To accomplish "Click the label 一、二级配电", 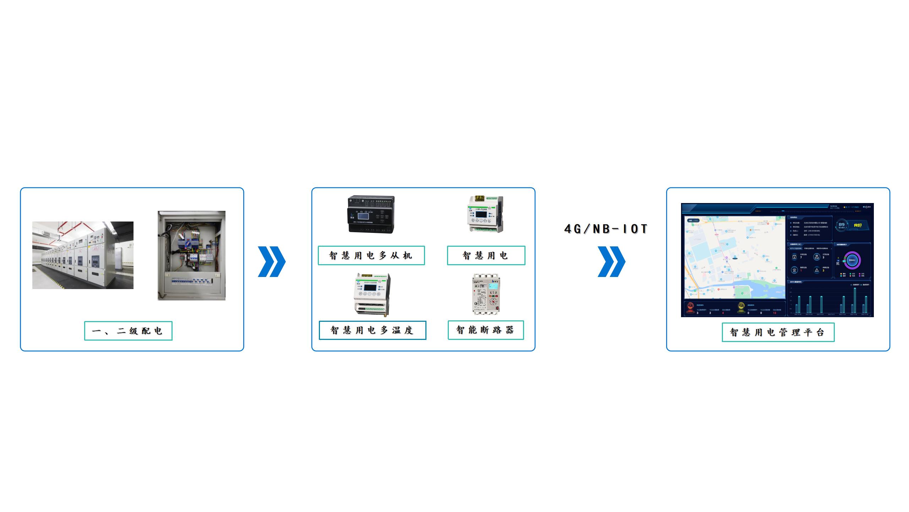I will tap(128, 331).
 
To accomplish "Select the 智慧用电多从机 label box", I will tap(371, 256).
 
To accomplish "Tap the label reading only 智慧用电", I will tap(486, 256).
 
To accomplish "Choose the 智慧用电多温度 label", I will tap(372, 330).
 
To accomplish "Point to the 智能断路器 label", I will tap(485, 330).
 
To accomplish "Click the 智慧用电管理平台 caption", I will tap(778, 332).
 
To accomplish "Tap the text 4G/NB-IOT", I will tap(606, 229).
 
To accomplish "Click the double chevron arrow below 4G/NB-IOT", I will tap(611, 262).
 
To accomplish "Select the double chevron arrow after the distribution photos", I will tap(271, 262).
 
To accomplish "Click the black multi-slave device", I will tap(371, 214).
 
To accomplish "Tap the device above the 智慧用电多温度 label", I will tap(372, 294).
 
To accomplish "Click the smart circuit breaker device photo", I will tap(485, 294).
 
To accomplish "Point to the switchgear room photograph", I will tap(83, 255).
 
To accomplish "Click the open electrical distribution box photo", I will tap(191, 256).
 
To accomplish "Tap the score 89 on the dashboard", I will tap(842, 225).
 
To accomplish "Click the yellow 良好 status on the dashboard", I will tap(858, 225).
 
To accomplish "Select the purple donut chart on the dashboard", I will tap(852, 260).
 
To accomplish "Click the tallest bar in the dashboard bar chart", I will tap(855, 301).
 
